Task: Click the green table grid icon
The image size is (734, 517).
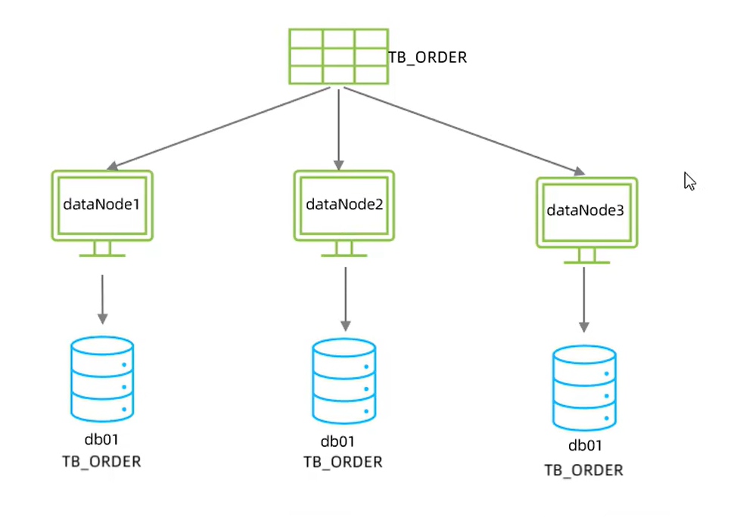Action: click(x=337, y=57)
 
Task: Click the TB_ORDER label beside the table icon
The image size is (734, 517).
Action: click(x=428, y=57)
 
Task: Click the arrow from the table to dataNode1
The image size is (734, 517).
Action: click(x=219, y=128)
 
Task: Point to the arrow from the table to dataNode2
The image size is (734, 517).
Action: click(x=339, y=127)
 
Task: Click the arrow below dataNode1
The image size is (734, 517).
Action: click(x=102, y=298)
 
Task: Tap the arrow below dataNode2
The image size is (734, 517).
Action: click(x=345, y=299)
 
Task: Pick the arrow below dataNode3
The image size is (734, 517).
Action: click(x=584, y=299)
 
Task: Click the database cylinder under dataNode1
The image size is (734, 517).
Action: click(x=102, y=379)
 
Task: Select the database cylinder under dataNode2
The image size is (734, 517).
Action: click(x=344, y=381)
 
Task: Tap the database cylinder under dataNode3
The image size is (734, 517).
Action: click(x=584, y=387)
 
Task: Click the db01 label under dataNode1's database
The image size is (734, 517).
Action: click(x=101, y=440)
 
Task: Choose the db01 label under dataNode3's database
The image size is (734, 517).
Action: click(x=584, y=446)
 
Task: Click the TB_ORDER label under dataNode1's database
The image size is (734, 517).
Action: click(x=101, y=461)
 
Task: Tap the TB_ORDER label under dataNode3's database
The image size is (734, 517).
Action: click(x=584, y=469)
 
